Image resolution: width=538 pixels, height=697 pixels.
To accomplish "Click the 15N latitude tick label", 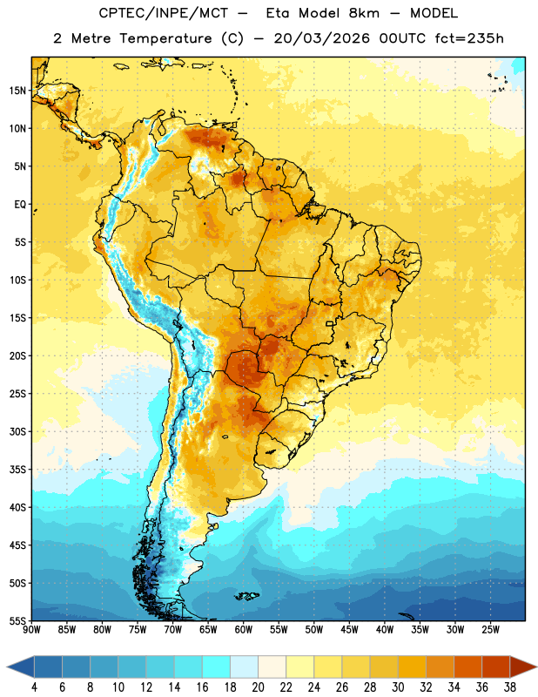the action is (17, 91).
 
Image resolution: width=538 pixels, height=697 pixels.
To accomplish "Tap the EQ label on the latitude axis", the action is (20, 205).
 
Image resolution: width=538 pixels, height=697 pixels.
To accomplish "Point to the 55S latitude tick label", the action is (17, 620).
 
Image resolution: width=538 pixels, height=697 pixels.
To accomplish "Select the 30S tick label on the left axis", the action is (17, 431).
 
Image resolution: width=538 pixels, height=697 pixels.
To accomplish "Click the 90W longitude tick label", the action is (31, 630).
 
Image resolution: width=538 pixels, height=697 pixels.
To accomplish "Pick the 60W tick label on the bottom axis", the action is (244, 630).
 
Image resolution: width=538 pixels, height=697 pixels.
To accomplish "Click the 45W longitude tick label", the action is (349, 630).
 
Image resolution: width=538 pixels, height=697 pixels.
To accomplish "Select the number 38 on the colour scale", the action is (510, 687).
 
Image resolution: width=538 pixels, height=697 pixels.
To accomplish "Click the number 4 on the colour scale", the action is (34, 687).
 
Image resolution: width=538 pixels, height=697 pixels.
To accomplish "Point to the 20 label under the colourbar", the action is (258, 687).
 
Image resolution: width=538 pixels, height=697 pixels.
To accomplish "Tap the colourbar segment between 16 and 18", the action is (216, 667).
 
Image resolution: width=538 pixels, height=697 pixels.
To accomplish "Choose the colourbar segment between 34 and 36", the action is (467, 667).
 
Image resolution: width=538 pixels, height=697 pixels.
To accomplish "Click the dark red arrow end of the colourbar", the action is (522, 667).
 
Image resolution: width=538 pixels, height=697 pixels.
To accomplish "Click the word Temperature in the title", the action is (165, 38).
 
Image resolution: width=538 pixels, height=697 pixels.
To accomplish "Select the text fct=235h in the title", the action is (469, 38).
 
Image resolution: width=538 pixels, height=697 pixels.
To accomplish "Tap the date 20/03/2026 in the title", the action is (321, 38).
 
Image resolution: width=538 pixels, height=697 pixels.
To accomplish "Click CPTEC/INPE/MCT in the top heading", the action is (164, 13).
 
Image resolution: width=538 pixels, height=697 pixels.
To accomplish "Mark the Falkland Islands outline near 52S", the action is (247, 596).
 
